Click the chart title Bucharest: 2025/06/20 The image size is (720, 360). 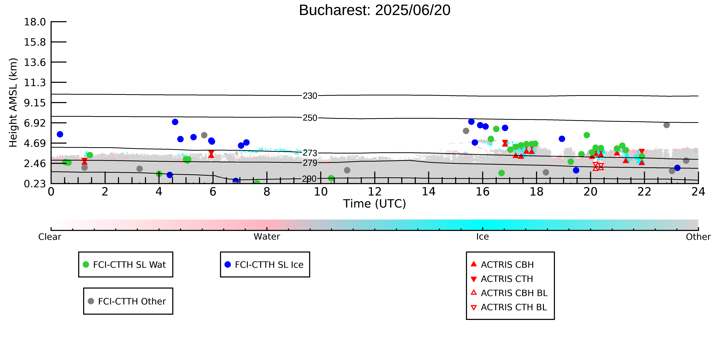pos(375,10)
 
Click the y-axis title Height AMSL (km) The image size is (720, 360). pos(13,103)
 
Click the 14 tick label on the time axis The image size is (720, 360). pos(428,192)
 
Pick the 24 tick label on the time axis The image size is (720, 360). pos(698,192)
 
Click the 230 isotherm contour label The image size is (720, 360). pos(310,96)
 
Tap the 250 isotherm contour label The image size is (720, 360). pos(310,118)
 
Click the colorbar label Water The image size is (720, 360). pos(267,237)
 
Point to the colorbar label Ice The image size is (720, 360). pos(482,237)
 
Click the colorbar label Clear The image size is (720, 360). pos(50,237)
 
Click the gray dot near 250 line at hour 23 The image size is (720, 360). pos(667,125)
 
